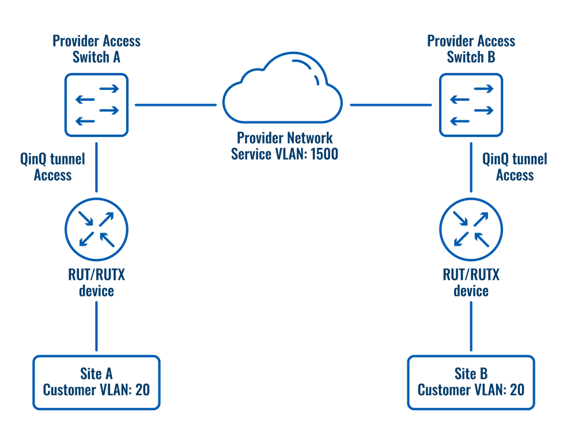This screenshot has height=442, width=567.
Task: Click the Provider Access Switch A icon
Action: [x=96, y=105]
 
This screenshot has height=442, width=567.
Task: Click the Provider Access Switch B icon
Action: [x=471, y=105]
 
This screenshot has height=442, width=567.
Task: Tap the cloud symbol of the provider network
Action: [x=282, y=92]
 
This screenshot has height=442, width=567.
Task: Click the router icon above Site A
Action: [x=96, y=228]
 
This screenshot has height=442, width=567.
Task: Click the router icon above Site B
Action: [x=471, y=228]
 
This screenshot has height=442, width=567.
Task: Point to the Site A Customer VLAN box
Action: [x=96, y=382]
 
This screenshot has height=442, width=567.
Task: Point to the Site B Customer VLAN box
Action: [x=471, y=382]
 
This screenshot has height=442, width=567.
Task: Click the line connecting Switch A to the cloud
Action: [x=175, y=105]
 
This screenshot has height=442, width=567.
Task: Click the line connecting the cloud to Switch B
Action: [x=391, y=105]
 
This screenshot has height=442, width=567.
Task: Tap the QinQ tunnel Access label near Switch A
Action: [x=52, y=167]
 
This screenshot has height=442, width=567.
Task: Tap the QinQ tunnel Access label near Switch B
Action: [x=515, y=167]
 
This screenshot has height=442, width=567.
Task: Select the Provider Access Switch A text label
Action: [x=96, y=49]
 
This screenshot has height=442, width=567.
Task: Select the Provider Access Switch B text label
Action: [x=471, y=49]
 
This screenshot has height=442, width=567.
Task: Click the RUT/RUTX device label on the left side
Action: [x=96, y=282]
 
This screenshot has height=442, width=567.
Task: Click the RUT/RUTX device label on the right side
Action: [x=471, y=282]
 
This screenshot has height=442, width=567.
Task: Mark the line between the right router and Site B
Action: [x=471, y=326]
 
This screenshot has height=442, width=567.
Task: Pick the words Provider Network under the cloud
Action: [x=285, y=138]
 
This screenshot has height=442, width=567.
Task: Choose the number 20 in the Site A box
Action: [x=142, y=390]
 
